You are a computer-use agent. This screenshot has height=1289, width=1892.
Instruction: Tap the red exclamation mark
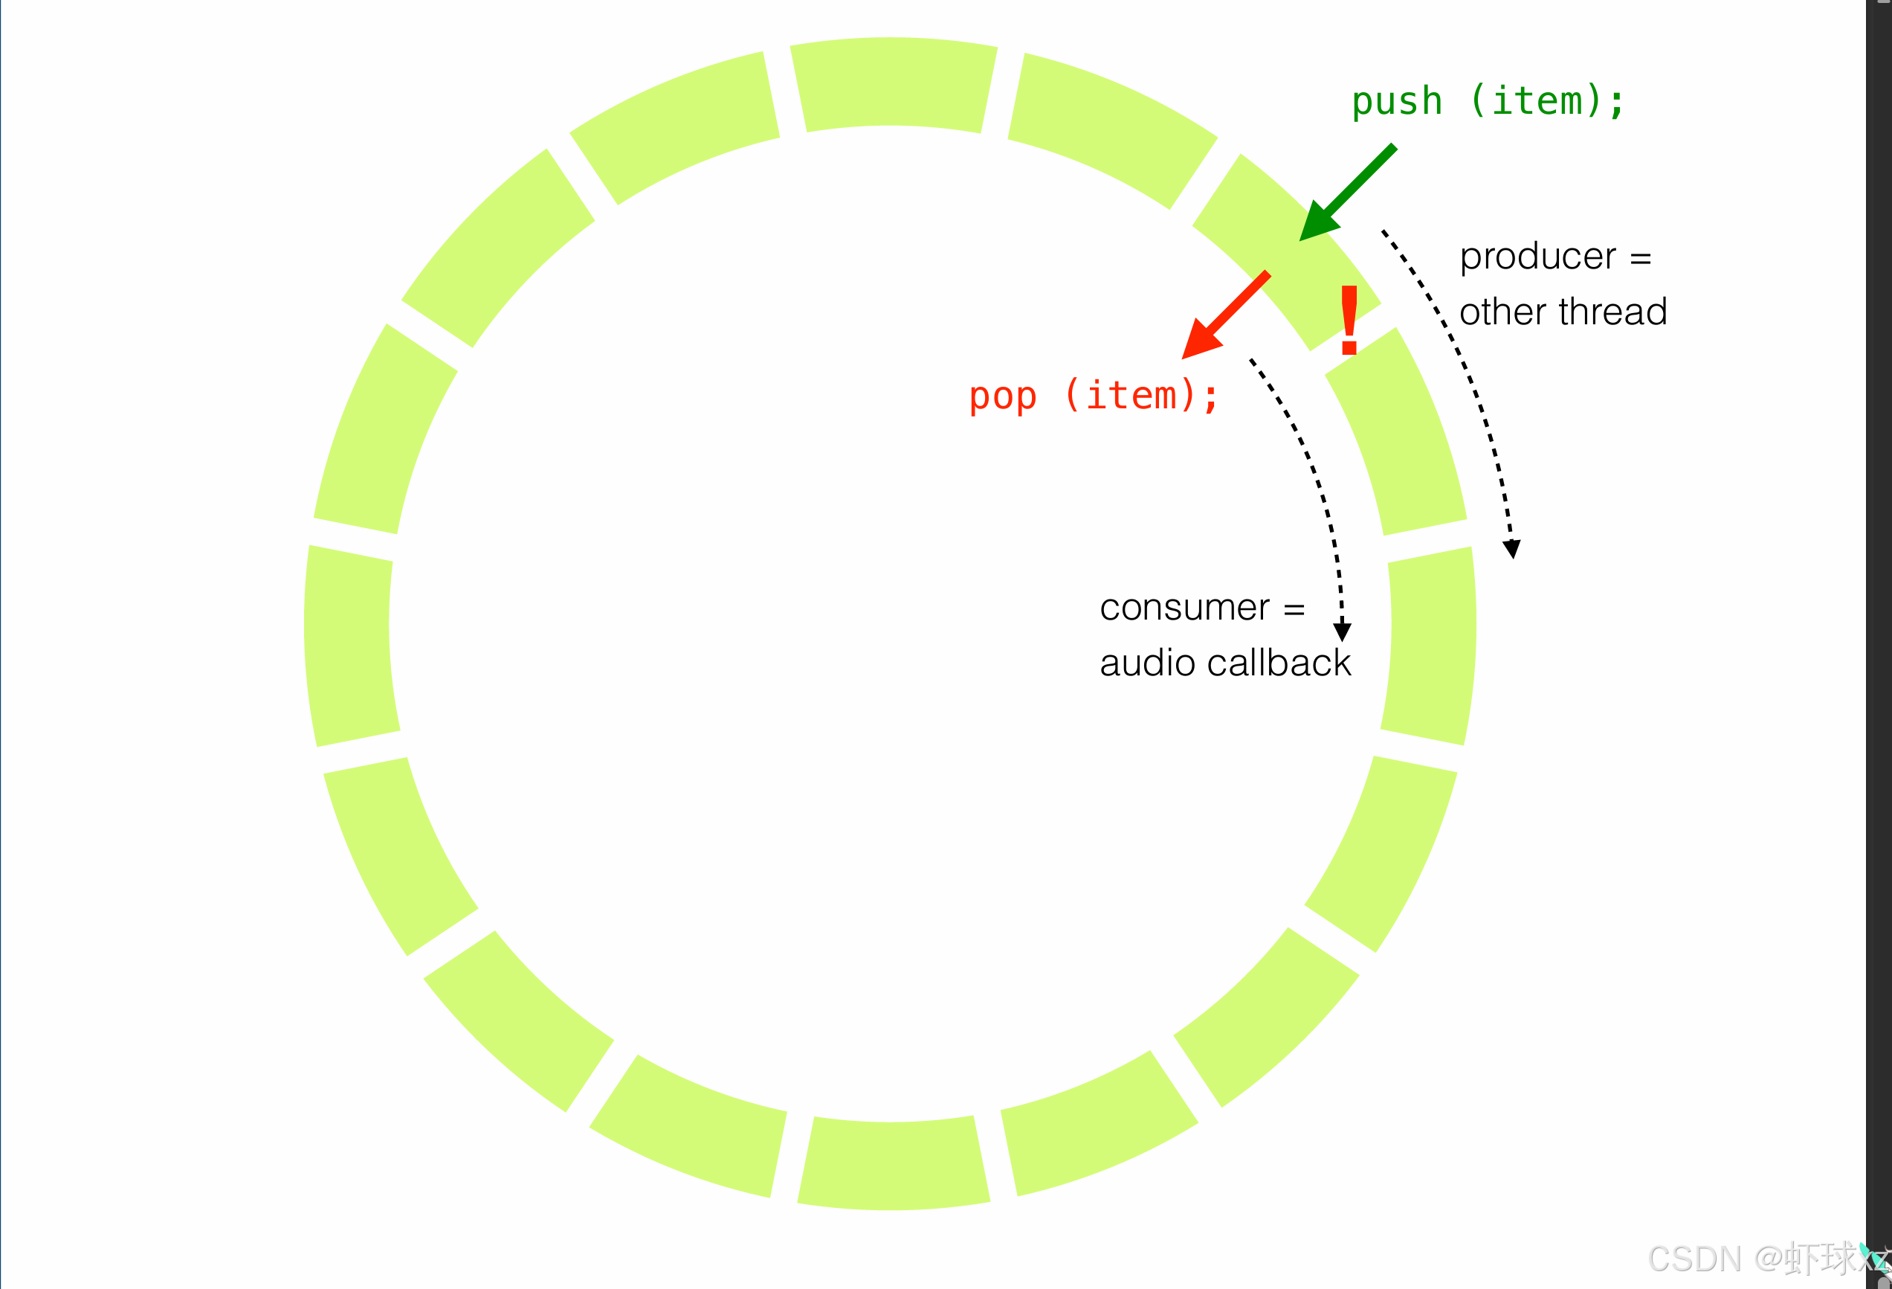coord(1349,320)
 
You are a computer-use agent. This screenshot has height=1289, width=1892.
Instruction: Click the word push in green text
coord(1397,103)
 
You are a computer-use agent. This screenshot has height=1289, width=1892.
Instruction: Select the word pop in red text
coord(1003,397)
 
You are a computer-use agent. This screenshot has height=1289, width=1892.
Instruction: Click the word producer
coord(1537,257)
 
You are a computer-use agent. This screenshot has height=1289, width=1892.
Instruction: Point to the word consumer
coord(1184,608)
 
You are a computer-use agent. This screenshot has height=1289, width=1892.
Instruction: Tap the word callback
coord(1279,663)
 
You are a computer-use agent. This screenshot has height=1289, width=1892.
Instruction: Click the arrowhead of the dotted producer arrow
coord(1512,549)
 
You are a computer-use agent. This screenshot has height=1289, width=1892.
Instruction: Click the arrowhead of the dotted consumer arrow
coord(1343,632)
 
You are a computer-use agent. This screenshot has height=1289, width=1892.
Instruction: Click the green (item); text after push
coord(1547,103)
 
